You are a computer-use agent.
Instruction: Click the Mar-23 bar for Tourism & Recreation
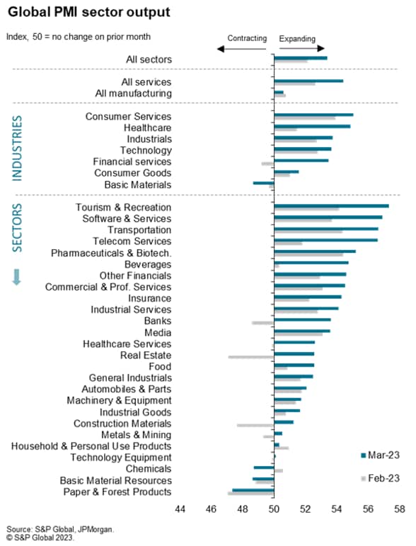point(332,206)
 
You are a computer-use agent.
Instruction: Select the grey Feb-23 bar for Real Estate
point(251,357)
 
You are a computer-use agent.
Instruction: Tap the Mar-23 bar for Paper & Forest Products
point(253,490)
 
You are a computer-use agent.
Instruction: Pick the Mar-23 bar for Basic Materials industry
point(264,183)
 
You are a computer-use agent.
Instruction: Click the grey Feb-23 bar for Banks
point(263,323)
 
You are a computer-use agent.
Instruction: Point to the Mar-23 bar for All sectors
point(301,58)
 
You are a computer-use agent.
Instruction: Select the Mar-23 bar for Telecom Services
point(326,240)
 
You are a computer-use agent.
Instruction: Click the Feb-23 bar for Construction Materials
point(255,425)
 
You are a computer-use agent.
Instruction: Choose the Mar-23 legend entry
point(380,455)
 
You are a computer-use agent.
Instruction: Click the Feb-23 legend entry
point(380,479)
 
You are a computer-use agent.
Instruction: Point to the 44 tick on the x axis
point(180,509)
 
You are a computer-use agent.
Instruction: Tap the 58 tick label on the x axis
point(400,509)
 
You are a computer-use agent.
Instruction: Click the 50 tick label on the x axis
point(274,509)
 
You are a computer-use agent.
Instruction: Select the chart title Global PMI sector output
point(89,12)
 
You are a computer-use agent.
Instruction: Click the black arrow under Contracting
point(241,49)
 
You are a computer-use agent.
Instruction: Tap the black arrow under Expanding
point(301,48)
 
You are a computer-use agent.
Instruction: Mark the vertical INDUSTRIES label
point(17,148)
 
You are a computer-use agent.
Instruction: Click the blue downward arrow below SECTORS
point(17,277)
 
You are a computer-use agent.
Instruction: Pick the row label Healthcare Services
point(127,344)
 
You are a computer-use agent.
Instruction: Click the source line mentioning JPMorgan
point(60,529)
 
